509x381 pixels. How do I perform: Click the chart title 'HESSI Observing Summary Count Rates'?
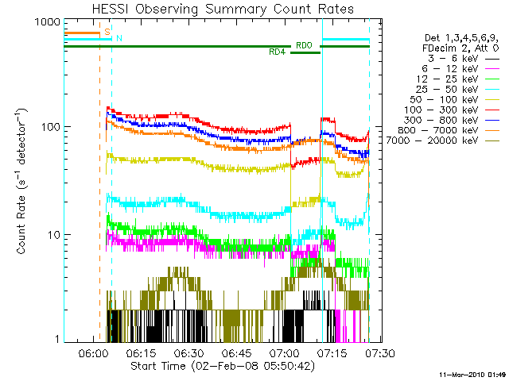pyautogui.click(x=223, y=10)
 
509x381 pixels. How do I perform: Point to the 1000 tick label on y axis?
pyautogui.click(x=48, y=22)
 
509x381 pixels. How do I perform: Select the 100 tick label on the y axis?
pyautogui.click(x=51, y=127)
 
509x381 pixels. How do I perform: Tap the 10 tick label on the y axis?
pyautogui.click(x=54, y=235)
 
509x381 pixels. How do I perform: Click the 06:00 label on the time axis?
pyautogui.click(x=94, y=353)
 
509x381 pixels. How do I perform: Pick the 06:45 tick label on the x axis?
pyautogui.click(x=237, y=353)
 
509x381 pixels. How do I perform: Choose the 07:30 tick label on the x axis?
pyautogui.click(x=380, y=353)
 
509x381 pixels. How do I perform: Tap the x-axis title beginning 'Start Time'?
pyautogui.click(x=223, y=366)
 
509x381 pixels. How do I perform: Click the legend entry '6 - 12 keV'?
pyautogui.click(x=460, y=69)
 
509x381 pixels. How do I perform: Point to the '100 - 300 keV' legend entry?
pyautogui.click(x=452, y=110)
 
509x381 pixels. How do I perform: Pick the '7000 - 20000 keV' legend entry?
pyautogui.click(x=442, y=140)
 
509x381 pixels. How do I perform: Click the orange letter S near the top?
pyautogui.click(x=107, y=32)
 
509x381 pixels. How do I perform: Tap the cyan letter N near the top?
pyautogui.click(x=119, y=38)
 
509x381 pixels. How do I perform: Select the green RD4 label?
pyautogui.click(x=278, y=52)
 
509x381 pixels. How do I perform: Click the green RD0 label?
pyautogui.click(x=304, y=45)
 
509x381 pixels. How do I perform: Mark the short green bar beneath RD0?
pyautogui.click(x=305, y=52)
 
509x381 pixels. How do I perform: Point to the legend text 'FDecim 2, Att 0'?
pyautogui.click(x=460, y=48)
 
